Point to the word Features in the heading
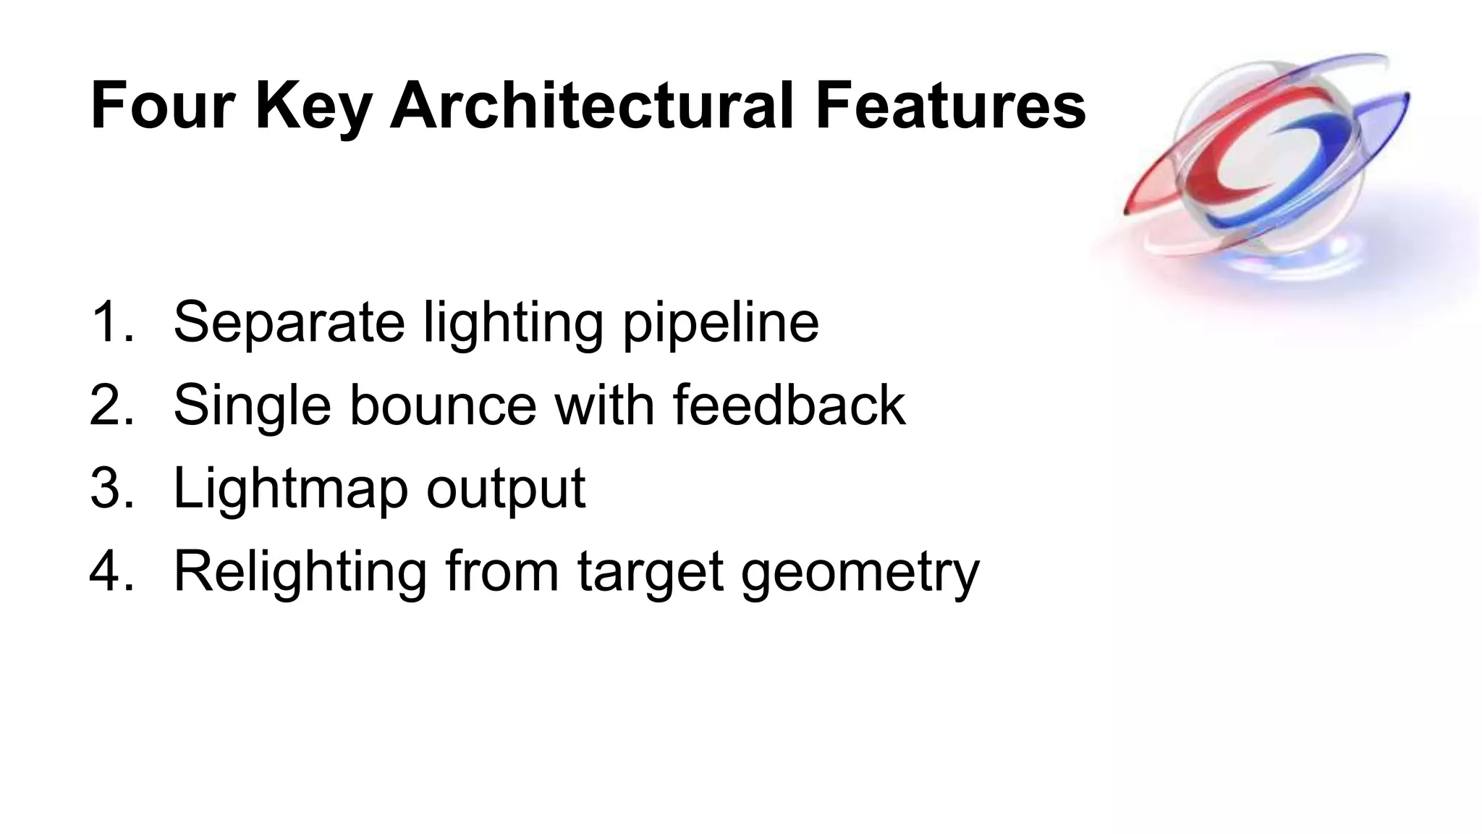950,106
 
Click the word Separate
289,324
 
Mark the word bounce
444,405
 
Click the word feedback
789,405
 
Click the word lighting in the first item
513,324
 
